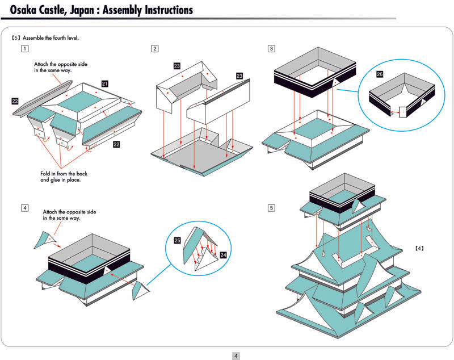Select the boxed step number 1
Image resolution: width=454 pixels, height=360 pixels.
pyautogui.click(x=24, y=48)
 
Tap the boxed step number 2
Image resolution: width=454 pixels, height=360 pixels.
pyautogui.click(x=155, y=48)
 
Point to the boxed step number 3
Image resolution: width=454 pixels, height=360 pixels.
pyautogui.click(x=272, y=48)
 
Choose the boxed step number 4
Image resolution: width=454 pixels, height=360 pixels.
pyautogui.click(x=24, y=208)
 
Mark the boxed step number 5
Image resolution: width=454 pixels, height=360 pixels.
pyautogui.click(x=272, y=208)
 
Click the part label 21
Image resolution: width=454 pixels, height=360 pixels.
pyautogui.click(x=105, y=83)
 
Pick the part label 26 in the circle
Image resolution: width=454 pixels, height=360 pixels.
pyautogui.click(x=380, y=74)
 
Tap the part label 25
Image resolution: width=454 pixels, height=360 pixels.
pyautogui.click(x=177, y=241)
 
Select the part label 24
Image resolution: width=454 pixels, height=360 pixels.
pyautogui.click(x=222, y=255)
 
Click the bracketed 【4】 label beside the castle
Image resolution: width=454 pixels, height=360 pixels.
pyautogui.click(x=419, y=248)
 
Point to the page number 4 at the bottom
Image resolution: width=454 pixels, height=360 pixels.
pyautogui.click(x=236, y=356)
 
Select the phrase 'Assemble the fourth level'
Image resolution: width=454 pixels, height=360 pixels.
pyautogui.click(x=50, y=38)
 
